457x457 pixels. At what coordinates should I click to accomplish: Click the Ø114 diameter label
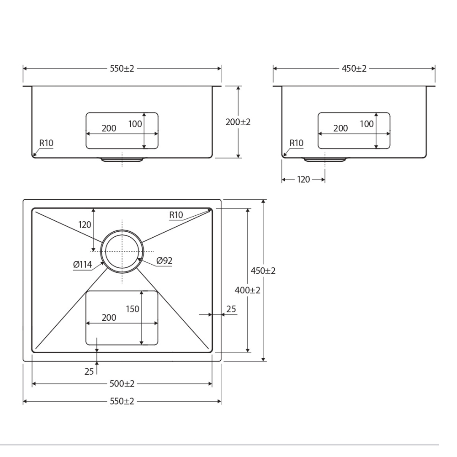point(82,264)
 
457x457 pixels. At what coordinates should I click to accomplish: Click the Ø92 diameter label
point(165,260)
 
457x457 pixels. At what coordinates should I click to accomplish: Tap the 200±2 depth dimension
point(238,122)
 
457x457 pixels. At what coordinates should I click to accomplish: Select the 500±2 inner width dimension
point(122,383)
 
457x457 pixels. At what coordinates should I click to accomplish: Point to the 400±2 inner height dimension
point(247,290)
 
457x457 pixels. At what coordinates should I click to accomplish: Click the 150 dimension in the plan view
point(133,309)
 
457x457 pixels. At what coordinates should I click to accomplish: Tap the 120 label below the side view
point(303,180)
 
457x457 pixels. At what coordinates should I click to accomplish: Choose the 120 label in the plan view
point(85,225)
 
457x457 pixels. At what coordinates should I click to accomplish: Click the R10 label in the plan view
point(176,215)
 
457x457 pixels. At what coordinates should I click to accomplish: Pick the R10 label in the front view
point(46,143)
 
